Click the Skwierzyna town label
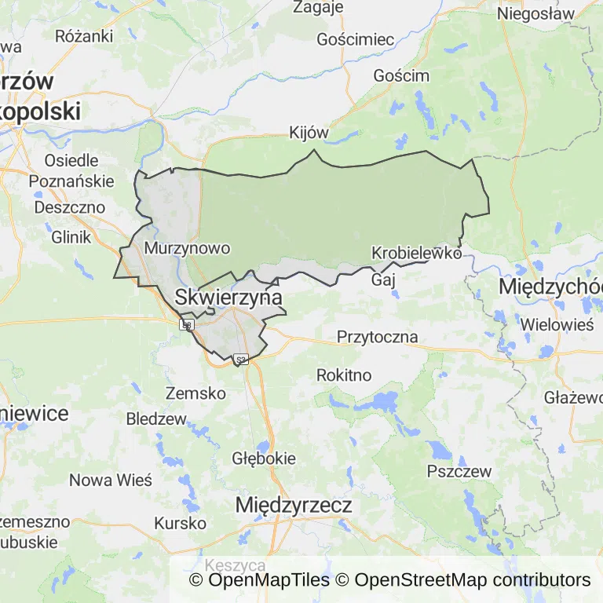pyautogui.click(x=228, y=298)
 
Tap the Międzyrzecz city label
pyautogui.click(x=294, y=505)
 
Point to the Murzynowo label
pyautogui.click(x=188, y=248)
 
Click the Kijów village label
pyautogui.click(x=309, y=133)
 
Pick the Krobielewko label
pyautogui.click(x=416, y=253)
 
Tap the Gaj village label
pyautogui.click(x=382, y=280)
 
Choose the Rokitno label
pyautogui.click(x=344, y=375)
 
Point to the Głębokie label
pyautogui.click(x=264, y=458)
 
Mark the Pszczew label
pyautogui.click(x=459, y=472)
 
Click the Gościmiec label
pyautogui.click(x=355, y=39)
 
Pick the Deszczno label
pyautogui.click(x=70, y=207)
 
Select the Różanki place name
pyautogui.click(x=84, y=36)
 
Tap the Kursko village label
pyautogui.click(x=180, y=523)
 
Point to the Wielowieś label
pyautogui.click(x=557, y=323)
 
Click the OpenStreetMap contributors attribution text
pyautogui.click(x=472, y=580)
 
